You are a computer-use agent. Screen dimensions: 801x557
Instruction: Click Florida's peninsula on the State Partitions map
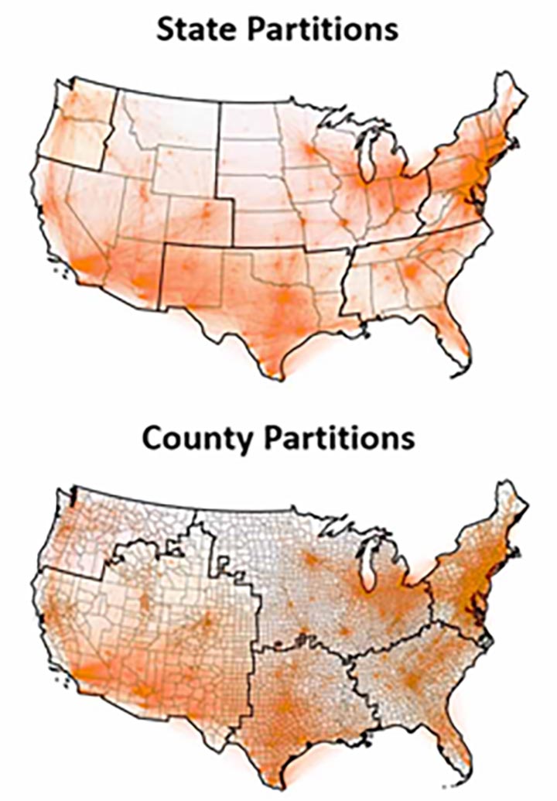pyautogui.click(x=453, y=333)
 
